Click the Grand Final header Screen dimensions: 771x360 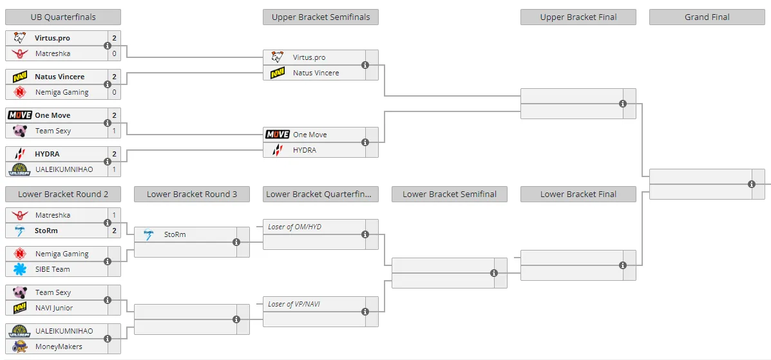707,17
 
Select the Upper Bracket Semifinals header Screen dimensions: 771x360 321,17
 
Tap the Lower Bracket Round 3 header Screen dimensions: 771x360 192,194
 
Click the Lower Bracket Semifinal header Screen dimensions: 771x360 450,194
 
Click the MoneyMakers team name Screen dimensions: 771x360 59,346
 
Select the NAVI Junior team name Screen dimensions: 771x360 54,308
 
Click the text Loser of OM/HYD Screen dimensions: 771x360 294,227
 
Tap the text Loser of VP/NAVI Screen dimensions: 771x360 294,304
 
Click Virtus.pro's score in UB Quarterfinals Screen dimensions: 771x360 114,38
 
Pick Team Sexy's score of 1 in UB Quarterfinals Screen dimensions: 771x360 114,131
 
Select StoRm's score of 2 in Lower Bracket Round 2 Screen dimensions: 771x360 114,230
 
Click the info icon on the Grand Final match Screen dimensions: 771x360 751,184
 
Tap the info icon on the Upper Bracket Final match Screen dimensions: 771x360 622,104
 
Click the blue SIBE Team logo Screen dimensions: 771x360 20,269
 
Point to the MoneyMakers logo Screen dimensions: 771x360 20,346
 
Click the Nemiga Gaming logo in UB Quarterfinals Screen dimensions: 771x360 20,92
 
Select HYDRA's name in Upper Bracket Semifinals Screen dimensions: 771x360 305,150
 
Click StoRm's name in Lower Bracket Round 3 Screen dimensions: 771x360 175,234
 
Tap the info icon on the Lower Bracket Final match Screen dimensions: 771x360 622,265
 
